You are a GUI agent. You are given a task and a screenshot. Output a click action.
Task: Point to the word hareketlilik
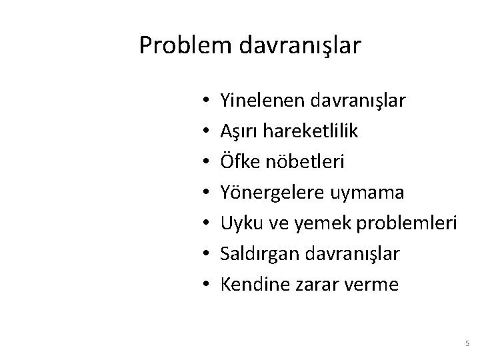311,131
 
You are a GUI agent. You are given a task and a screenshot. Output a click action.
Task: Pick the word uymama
368,193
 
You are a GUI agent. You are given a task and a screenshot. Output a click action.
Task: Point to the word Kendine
251,285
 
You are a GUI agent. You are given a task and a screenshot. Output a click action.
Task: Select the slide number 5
467,343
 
